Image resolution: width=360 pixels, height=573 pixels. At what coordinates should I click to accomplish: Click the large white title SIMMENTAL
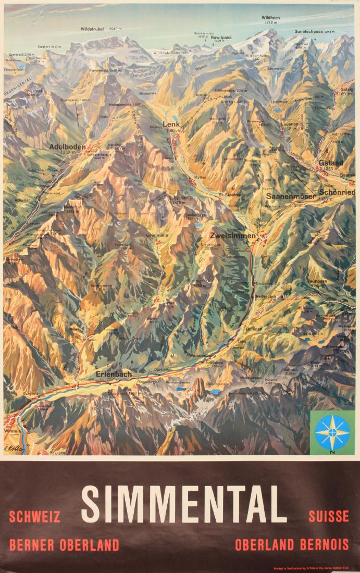(184, 504)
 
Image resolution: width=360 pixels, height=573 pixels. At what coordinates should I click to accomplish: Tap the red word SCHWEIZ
(35, 517)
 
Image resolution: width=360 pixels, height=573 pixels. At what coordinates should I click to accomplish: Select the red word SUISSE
(328, 517)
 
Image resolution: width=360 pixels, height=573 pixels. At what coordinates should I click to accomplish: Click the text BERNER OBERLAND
(64, 545)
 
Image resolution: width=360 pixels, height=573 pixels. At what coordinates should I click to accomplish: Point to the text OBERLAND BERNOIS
(292, 545)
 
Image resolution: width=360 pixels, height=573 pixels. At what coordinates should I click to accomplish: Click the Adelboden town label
(67, 147)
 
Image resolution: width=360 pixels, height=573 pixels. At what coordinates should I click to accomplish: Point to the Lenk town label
(171, 124)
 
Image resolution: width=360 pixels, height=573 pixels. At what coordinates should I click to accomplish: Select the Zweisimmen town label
(233, 236)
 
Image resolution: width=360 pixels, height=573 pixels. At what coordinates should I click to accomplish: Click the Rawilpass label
(221, 38)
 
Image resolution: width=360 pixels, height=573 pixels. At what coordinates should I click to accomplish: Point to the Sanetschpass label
(308, 31)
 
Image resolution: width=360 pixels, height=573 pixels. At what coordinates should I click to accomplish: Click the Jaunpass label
(317, 281)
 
